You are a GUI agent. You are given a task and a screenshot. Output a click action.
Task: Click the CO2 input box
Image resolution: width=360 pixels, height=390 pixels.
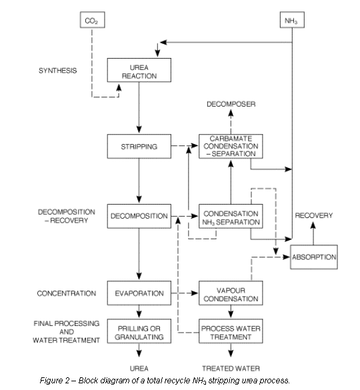coord(92,19)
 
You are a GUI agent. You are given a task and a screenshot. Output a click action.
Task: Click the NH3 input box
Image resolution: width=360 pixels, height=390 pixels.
coord(292,19)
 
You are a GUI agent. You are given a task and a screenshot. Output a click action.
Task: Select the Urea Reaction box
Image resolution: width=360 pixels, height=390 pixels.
coord(139,70)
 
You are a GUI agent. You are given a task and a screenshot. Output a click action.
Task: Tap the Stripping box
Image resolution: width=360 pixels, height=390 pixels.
coord(139,146)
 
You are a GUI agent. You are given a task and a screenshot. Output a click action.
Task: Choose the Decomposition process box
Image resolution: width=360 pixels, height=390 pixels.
coord(139,216)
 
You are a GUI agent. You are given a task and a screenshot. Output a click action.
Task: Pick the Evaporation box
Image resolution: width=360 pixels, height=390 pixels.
coord(139,293)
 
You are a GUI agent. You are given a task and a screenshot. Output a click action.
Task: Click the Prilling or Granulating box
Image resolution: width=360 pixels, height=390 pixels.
coord(139,331)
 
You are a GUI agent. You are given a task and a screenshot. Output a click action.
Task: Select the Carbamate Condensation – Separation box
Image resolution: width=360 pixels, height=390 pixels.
coord(231,146)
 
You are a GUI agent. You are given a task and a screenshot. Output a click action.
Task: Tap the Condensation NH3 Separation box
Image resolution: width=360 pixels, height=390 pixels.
coord(231,216)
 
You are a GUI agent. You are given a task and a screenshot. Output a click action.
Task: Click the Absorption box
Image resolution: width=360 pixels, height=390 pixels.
coord(314,257)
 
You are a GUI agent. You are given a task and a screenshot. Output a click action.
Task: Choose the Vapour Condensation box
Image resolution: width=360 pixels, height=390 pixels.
coord(231,293)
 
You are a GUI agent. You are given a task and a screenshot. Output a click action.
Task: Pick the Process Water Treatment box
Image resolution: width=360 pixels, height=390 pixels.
coord(231,331)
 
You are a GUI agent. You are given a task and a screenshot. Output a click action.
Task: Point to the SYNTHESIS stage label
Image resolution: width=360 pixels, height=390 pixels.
coord(58,71)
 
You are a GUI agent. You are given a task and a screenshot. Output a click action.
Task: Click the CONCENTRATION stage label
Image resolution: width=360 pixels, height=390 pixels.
coord(67,293)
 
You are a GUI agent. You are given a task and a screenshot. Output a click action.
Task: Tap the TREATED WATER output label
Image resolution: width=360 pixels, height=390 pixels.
coord(231,369)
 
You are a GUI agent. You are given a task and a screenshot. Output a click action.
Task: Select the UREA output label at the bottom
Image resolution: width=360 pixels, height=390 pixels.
coord(139,369)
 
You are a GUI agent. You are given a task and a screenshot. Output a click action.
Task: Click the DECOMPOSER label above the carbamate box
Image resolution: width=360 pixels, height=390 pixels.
coord(231,104)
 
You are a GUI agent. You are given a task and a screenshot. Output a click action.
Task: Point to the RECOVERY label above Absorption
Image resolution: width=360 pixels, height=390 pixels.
coord(314,215)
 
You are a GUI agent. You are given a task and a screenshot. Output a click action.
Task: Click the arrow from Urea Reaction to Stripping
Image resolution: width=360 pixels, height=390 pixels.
coord(139,107)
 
